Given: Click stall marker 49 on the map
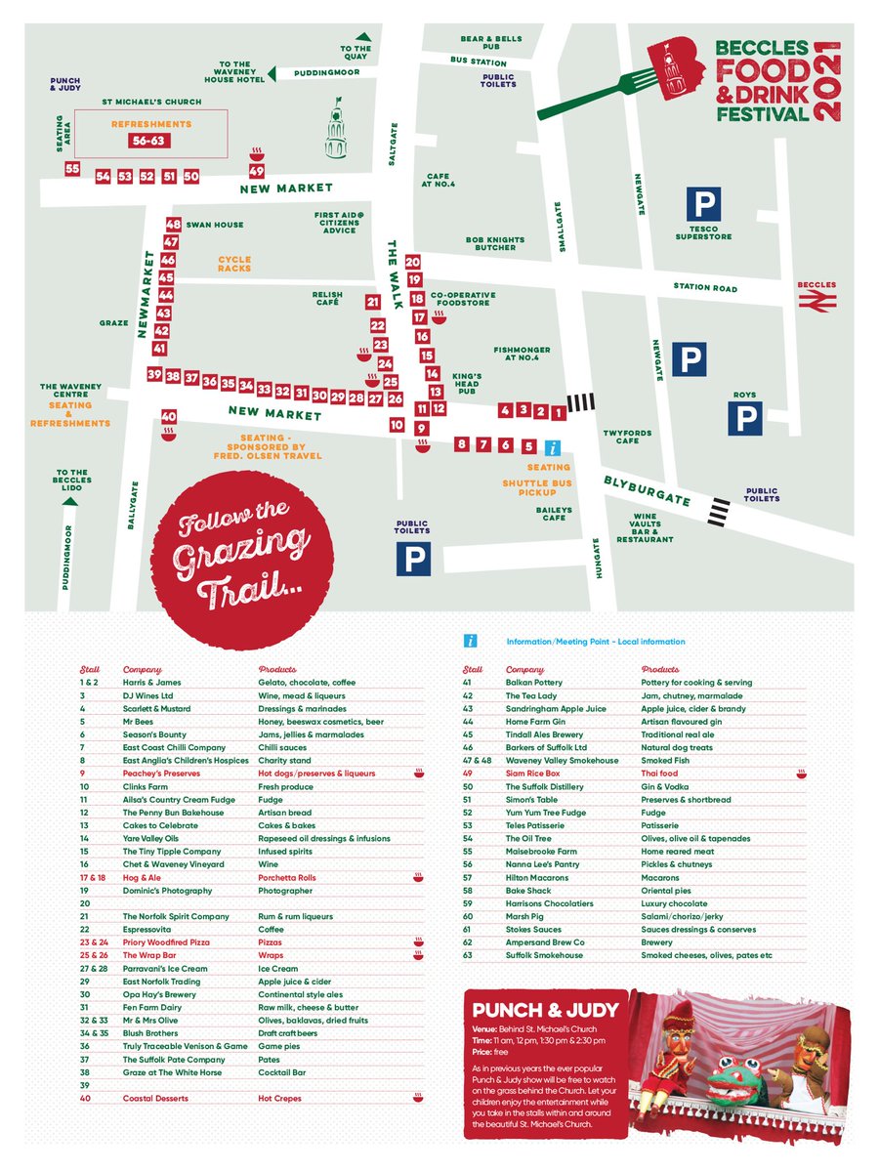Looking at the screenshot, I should click(256, 171).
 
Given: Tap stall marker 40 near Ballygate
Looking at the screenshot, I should click(168, 415).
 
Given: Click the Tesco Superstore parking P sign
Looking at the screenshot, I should click(702, 204).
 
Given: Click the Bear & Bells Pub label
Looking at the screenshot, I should click(491, 43).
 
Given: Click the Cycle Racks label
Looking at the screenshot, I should click(234, 265).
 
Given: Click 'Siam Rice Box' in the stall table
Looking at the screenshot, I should click(532, 774).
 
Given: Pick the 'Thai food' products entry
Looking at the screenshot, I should click(661, 774).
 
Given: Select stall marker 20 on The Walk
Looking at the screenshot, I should click(412, 262).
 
